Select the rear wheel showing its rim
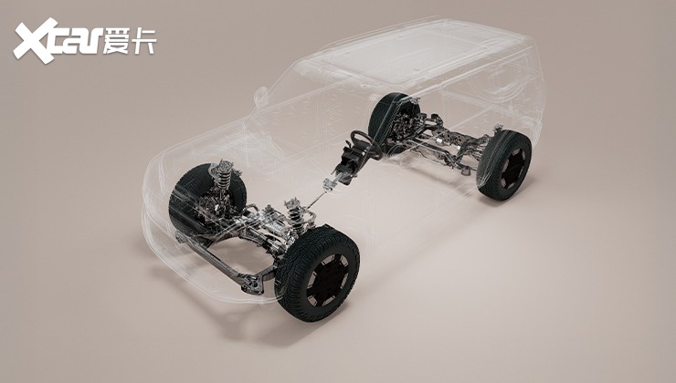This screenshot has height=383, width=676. tap(504, 165)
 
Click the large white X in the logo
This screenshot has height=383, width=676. tap(36, 41)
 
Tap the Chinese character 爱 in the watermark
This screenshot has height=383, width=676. tap(116, 40)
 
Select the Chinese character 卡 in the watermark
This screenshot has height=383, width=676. tap(143, 40)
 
